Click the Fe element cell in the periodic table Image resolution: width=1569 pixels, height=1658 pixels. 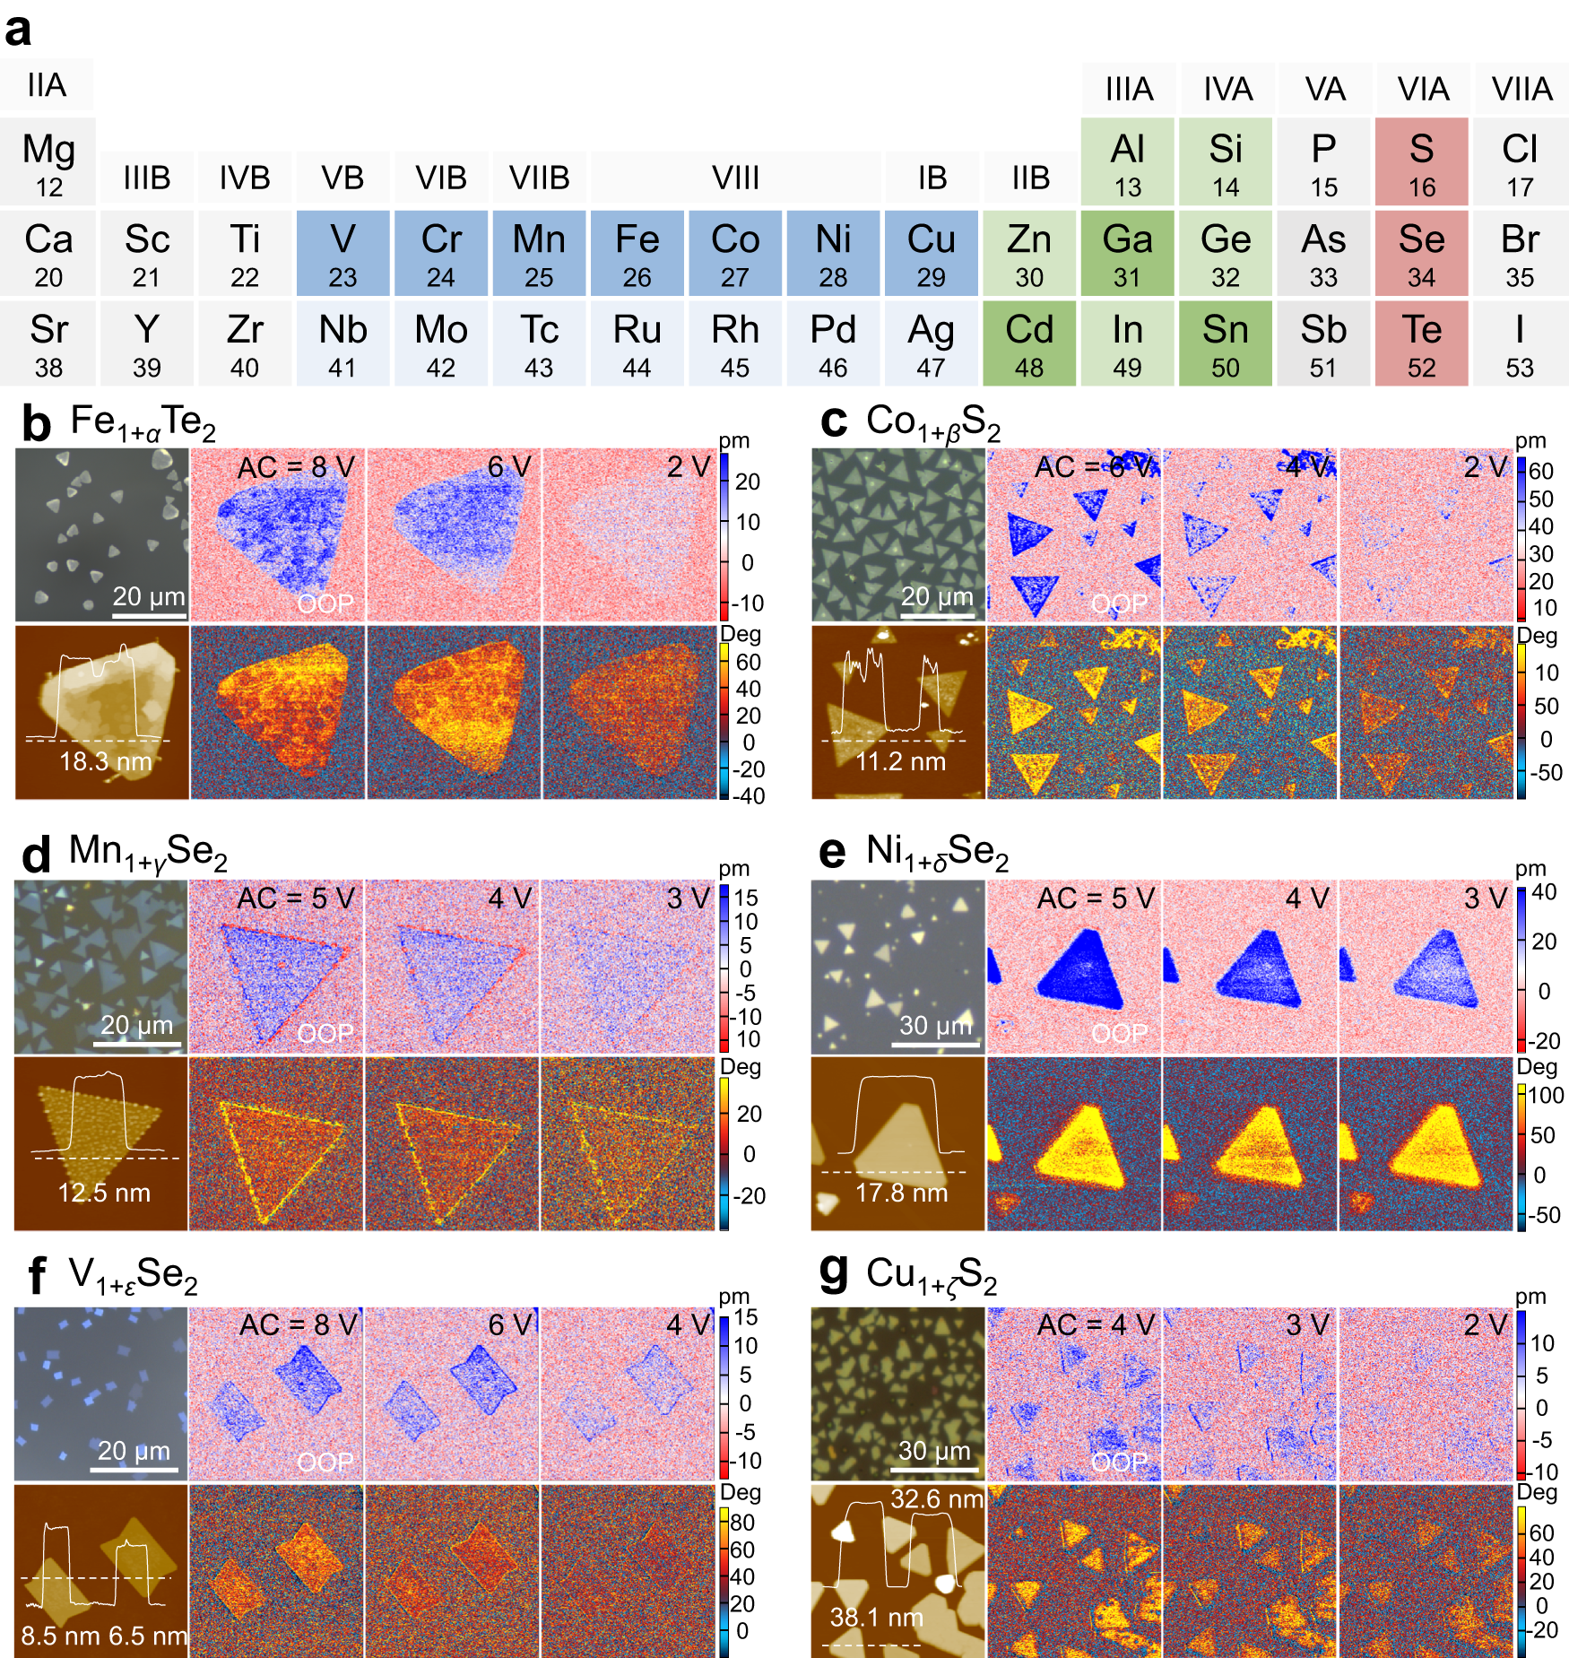pos(637,253)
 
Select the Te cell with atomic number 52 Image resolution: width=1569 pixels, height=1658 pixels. pos(1421,343)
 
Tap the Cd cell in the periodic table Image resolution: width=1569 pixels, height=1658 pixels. pos(1029,343)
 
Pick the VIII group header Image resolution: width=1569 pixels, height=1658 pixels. pos(735,178)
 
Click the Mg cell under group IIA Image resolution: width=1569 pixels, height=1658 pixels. pos(48,162)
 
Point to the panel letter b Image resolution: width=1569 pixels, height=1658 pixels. pos(36,423)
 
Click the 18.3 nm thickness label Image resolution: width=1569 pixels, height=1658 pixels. pos(105,761)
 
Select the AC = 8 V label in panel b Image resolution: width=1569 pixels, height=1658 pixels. pos(296,467)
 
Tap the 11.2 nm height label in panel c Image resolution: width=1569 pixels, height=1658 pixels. pos(900,761)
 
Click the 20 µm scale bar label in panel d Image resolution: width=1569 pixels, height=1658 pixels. pos(136,1024)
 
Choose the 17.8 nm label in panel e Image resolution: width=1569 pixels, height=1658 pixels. pos(900,1193)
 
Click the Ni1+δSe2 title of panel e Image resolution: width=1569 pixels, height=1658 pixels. pos(937,852)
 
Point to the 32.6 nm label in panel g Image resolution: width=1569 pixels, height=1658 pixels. pos(936,1499)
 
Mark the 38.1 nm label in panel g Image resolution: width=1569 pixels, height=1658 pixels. pos(876,1617)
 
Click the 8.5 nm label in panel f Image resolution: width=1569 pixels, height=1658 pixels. pos(52,1636)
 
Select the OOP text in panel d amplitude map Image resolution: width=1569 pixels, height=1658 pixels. pos(325,1033)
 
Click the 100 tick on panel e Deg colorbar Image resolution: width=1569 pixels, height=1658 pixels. pos(1546,1095)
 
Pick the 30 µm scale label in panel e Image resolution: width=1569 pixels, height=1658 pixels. pos(935,1025)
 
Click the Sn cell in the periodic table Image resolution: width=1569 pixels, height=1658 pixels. pos(1225,343)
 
